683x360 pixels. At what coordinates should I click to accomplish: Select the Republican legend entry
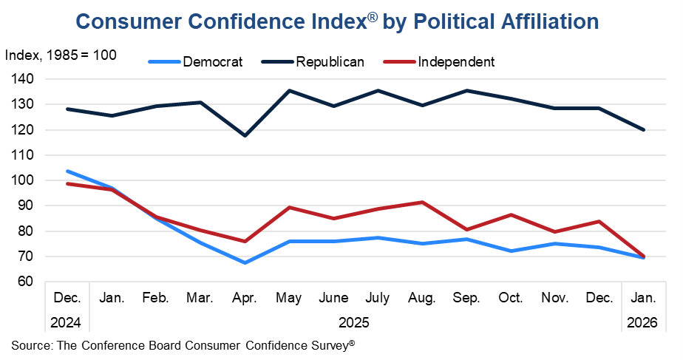click(330, 61)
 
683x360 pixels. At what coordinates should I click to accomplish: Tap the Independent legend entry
click(455, 61)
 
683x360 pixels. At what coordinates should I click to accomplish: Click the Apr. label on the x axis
click(245, 299)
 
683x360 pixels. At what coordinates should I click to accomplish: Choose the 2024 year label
click(67, 322)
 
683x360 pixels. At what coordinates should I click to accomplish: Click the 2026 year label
click(642, 322)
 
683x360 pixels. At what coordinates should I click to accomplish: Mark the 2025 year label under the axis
click(355, 322)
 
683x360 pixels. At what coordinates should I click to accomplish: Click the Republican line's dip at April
click(245, 135)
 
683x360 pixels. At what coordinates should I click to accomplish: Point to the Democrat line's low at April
click(245, 262)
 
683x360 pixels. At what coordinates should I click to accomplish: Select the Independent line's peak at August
click(421, 202)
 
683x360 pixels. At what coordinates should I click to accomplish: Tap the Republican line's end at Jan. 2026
click(643, 129)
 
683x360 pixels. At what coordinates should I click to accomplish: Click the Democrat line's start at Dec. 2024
click(67, 171)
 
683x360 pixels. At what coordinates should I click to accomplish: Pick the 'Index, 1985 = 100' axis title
click(60, 55)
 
